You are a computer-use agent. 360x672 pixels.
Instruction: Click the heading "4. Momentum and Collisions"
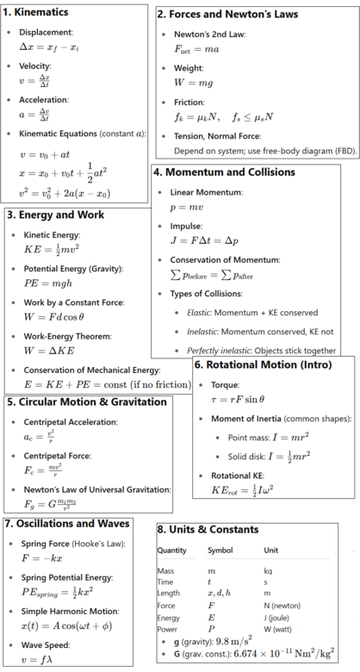pos(223,171)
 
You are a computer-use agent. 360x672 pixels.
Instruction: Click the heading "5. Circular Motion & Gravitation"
pos(86,401)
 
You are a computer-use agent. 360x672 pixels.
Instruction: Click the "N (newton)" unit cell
pos(282,605)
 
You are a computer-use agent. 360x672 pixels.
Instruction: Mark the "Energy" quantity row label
pos(170,617)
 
